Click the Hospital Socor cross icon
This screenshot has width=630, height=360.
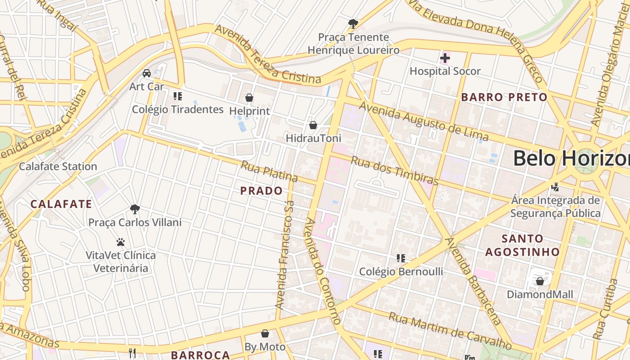[445, 58]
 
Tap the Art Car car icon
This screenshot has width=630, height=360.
[147, 73]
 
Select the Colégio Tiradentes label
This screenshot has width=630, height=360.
[178, 109]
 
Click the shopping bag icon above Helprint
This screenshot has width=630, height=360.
[249, 98]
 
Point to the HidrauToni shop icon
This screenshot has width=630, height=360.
[313, 125]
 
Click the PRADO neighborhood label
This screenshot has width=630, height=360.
[261, 191]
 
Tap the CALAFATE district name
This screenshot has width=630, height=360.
[61, 204]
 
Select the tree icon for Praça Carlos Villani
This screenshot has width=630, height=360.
[135, 209]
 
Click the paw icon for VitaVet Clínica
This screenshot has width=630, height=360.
[120, 242]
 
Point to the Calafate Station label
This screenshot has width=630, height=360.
[58, 166]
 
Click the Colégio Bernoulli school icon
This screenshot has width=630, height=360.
[401, 258]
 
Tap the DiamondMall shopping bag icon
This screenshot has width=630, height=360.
[540, 281]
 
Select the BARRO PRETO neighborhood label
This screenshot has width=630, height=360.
[504, 97]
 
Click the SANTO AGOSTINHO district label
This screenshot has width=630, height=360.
[522, 245]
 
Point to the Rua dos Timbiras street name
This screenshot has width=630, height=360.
[394, 171]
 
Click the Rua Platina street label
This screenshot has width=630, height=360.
[269, 171]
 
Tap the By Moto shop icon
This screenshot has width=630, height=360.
[265, 333]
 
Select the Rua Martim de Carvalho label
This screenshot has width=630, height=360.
[450, 331]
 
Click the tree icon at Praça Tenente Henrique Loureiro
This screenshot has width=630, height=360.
[353, 23]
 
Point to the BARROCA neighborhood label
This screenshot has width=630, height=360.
[200, 355]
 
